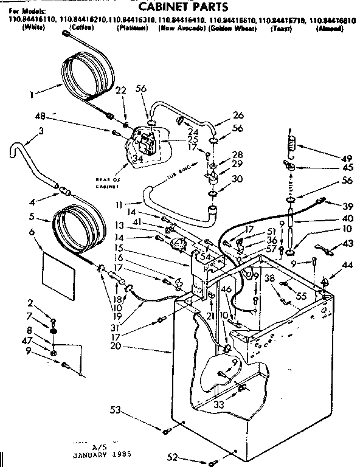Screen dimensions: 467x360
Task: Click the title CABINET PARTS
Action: (x=182, y=7)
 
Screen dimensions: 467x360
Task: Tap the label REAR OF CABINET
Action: (x=109, y=182)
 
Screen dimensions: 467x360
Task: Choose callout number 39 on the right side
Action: (x=348, y=207)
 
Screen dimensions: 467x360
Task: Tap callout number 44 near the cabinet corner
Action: (x=347, y=266)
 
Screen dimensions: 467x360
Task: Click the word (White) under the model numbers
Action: (x=30, y=29)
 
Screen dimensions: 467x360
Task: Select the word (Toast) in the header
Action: (x=280, y=29)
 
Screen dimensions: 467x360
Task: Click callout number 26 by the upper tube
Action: (x=237, y=114)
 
